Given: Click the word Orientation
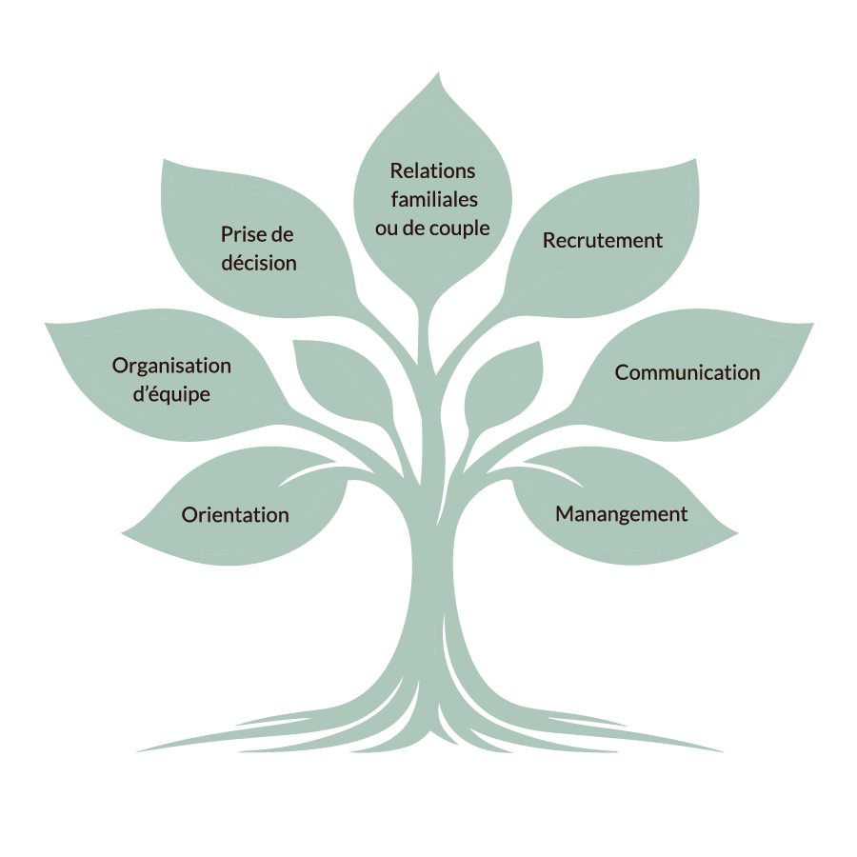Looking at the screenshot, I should pyautogui.click(x=235, y=515).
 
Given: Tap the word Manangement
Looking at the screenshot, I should pyautogui.click(x=621, y=514).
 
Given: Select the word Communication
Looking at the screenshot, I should pyautogui.click(x=687, y=372).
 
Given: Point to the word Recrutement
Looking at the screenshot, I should pyautogui.click(x=602, y=241).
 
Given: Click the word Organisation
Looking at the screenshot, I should pyautogui.click(x=171, y=367).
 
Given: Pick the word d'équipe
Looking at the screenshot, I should pyautogui.click(x=172, y=394).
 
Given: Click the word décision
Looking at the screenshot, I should pyautogui.click(x=259, y=263).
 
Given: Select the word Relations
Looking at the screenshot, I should pyautogui.click(x=432, y=171).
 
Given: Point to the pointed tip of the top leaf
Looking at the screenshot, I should pyautogui.click(x=440, y=72).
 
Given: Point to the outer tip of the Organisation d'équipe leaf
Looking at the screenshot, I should pyautogui.click(x=46, y=324).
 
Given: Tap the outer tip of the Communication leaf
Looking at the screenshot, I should pyautogui.click(x=813, y=324).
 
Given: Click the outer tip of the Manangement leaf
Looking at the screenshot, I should pyautogui.click(x=739, y=534).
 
